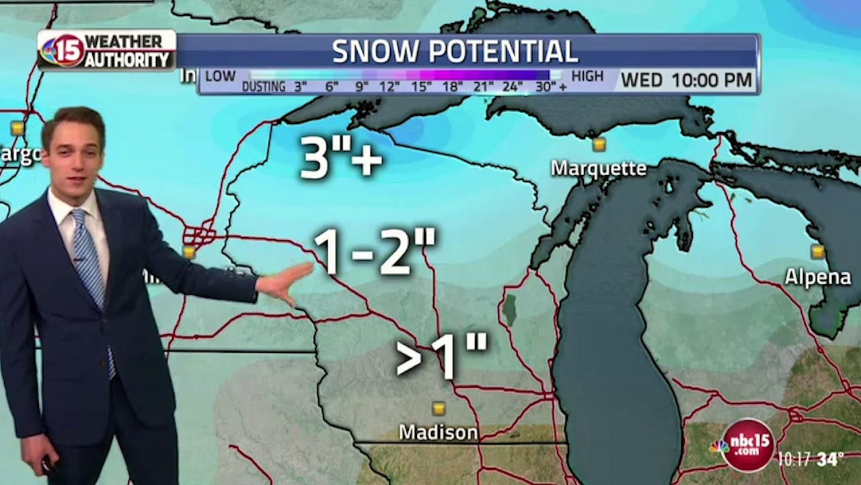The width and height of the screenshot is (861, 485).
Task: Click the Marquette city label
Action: coord(598,168)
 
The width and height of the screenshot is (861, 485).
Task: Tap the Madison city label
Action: coord(438,432)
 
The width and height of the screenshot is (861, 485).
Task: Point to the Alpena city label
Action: coord(817,277)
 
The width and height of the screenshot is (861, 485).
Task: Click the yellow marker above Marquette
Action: coord(599,144)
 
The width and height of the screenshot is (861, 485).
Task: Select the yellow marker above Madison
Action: coord(439,408)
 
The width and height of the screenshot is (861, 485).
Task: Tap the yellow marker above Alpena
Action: coord(817,252)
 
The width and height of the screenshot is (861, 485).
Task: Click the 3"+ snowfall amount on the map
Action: coord(340,158)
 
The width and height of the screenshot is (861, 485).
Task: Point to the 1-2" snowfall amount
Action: coord(374,251)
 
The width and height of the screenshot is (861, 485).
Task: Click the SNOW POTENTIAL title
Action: coord(455,51)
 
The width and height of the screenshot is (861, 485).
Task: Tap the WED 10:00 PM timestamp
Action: coord(686,80)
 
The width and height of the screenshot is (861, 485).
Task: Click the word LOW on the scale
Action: coord(220,75)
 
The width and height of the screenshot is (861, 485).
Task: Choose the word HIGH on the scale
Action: coord(587,75)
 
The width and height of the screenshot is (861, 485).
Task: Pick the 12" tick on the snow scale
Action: coord(389,86)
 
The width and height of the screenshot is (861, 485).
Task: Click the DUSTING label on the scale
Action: coord(263,86)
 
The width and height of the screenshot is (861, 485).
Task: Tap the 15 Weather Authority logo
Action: coord(106,51)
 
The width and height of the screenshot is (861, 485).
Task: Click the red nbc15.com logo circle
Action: coord(747,445)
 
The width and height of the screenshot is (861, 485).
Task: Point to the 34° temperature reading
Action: coord(830,459)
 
